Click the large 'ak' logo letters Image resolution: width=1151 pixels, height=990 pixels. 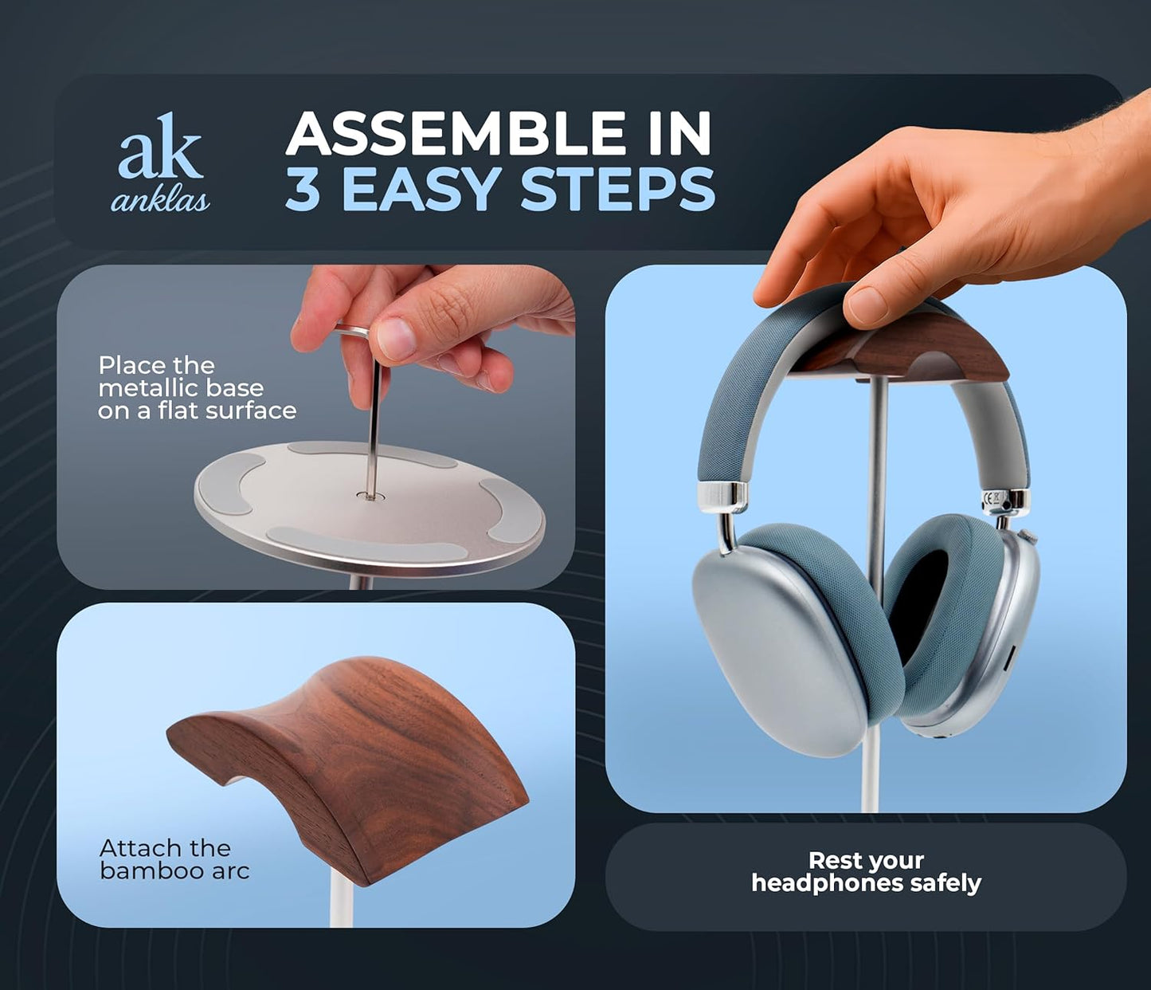pos(160,147)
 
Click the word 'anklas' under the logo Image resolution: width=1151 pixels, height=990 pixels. pos(160,200)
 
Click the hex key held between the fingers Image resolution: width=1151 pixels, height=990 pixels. pos(374,414)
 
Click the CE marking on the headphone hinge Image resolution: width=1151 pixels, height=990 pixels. pos(993,501)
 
